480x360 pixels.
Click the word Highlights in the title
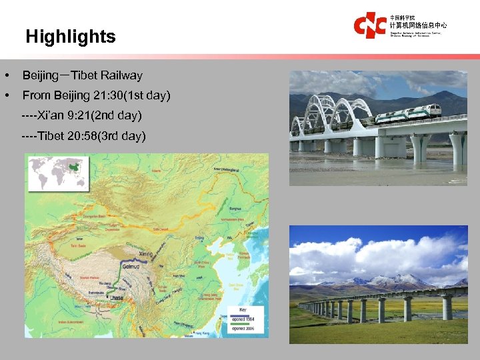(71, 37)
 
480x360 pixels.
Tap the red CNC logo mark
(369, 25)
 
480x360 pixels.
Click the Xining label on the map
(147, 253)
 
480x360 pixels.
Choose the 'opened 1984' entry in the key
(246, 319)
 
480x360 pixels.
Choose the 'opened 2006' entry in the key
(246, 328)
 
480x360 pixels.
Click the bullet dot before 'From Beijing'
(6, 96)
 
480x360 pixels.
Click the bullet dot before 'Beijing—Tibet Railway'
(6, 76)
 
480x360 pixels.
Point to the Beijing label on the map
(198, 237)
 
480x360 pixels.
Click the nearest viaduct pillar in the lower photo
(447, 306)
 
